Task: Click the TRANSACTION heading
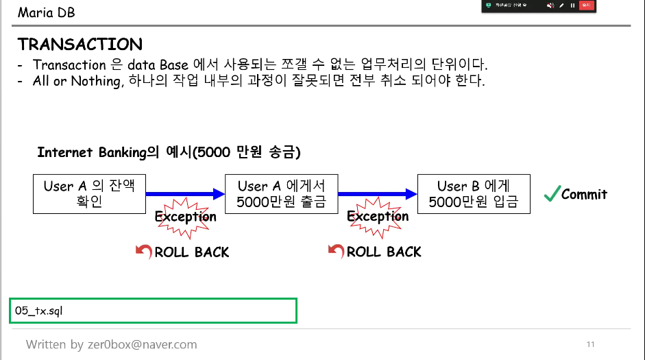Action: click(x=80, y=45)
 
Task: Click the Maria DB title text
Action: click(x=46, y=12)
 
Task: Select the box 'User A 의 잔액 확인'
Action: click(x=89, y=194)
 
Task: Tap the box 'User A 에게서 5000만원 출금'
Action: click(x=281, y=194)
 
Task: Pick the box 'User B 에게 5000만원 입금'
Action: click(x=474, y=194)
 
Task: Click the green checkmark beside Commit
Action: click(x=551, y=194)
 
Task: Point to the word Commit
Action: click(x=584, y=194)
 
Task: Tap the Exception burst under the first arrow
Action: click(x=185, y=217)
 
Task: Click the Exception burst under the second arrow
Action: click(x=378, y=217)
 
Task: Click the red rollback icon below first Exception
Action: click(x=144, y=252)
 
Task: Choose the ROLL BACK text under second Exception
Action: click(x=384, y=252)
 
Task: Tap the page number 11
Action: click(x=590, y=344)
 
